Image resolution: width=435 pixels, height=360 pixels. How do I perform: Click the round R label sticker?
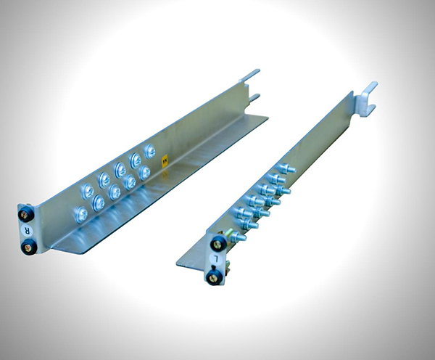click(x=28, y=230)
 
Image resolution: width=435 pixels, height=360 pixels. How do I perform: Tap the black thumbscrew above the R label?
click(x=26, y=214)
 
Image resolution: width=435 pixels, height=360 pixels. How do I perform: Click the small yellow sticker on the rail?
click(x=165, y=162)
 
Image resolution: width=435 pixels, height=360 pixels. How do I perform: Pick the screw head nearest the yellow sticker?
click(x=149, y=152)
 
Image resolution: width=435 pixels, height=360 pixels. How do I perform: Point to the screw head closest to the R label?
click(x=80, y=214)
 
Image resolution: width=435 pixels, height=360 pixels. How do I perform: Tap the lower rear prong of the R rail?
click(x=254, y=98)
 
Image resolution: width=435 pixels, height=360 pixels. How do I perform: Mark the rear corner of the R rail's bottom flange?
click(x=268, y=118)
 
